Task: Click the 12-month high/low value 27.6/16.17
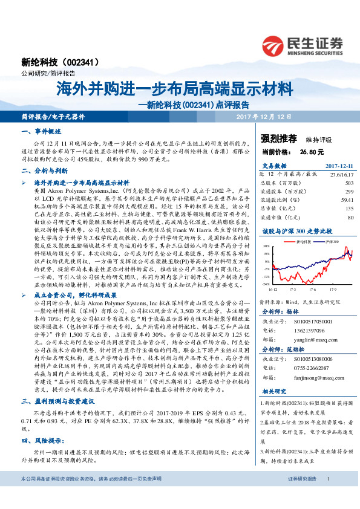click(341, 173)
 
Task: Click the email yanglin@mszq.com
click(304, 340)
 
